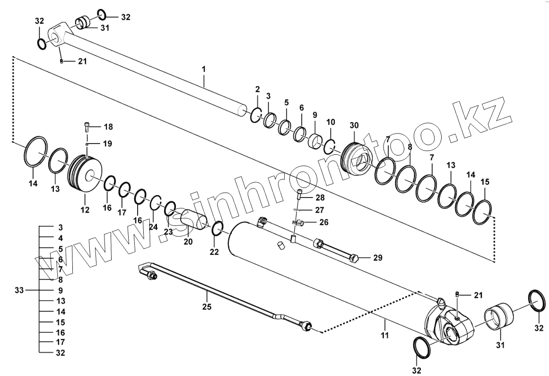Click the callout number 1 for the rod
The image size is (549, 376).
pyautogui.click(x=204, y=70)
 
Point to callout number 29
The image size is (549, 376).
pyautogui.click(x=377, y=258)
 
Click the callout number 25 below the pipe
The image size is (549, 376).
pyautogui.click(x=206, y=306)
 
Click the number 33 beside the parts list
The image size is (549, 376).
pyautogui.click(x=18, y=289)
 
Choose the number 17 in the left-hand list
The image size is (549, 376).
pyautogui.click(x=60, y=341)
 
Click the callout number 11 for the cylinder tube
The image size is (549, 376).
pyautogui.click(x=385, y=335)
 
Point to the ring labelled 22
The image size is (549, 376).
pyautogui.click(x=218, y=228)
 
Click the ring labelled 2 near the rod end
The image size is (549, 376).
pyautogui.click(x=256, y=115)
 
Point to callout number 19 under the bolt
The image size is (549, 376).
pyautogui.click(x=108, y=143)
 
